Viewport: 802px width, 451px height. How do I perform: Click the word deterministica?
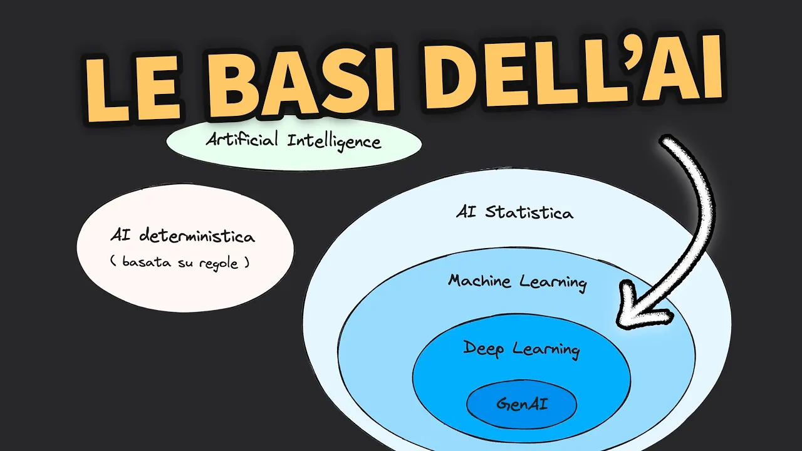[x=197, y=237]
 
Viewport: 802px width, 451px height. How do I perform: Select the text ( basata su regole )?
[x=180, y=263]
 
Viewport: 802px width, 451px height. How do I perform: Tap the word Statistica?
[x=529, y=212]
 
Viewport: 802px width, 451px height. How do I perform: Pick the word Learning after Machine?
[x=553, y=283]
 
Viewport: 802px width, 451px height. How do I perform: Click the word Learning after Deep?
[x=546, y=349]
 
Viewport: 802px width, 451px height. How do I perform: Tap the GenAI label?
[x=521, y=404]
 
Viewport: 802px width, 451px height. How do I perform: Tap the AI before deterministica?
[x=119, y=236]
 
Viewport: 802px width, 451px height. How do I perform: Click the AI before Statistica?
[x=466, y=212]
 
